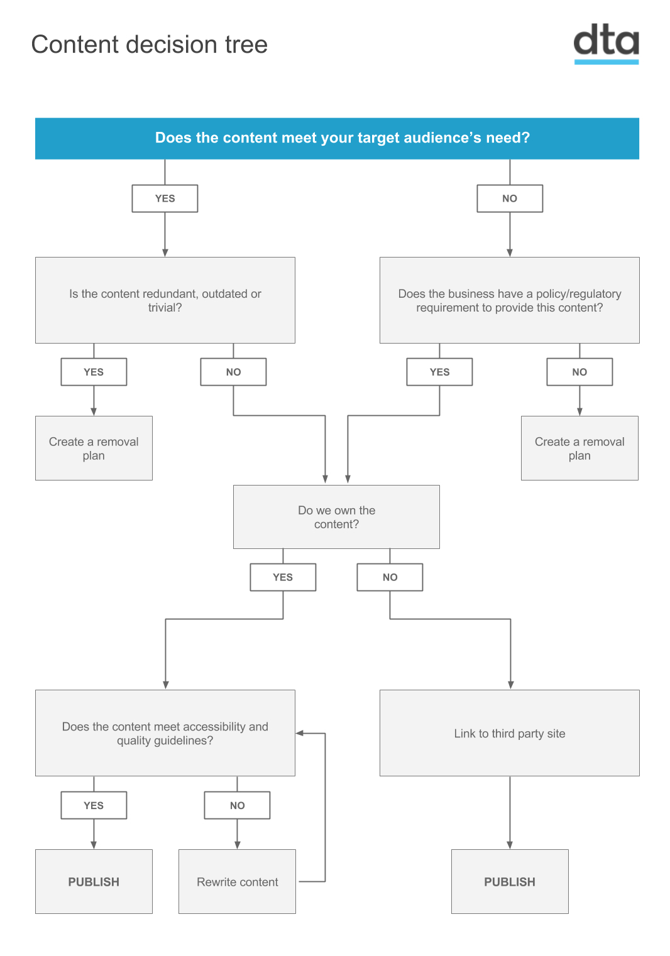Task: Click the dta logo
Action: tap(606, 43)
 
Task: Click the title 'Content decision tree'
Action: tap(149, 45)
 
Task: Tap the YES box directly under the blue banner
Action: tap(165, 198)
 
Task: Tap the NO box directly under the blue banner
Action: tap(510, 198)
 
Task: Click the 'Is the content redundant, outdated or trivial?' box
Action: tap(165, 300)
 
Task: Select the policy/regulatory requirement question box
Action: tap(510, 300)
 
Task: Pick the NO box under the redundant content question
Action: tap(233, 372)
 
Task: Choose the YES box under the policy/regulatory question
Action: tap(439, 372)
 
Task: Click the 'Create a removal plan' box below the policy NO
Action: tap(579, 448)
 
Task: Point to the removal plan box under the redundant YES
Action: tap(94, 448)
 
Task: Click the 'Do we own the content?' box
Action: tap(336, 517)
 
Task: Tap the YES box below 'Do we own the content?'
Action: tap(283, 577)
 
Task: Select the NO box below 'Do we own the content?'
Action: tap(390, 577)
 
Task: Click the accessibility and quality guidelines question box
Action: tap(165, 733)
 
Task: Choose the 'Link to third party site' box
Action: tap(510, 733)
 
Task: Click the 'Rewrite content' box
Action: tap(237, 881)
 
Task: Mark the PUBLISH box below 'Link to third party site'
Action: tap(510, 881)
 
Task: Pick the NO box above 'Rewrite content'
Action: tap(237, 805)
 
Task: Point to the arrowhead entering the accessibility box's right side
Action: tap(299, 733)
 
